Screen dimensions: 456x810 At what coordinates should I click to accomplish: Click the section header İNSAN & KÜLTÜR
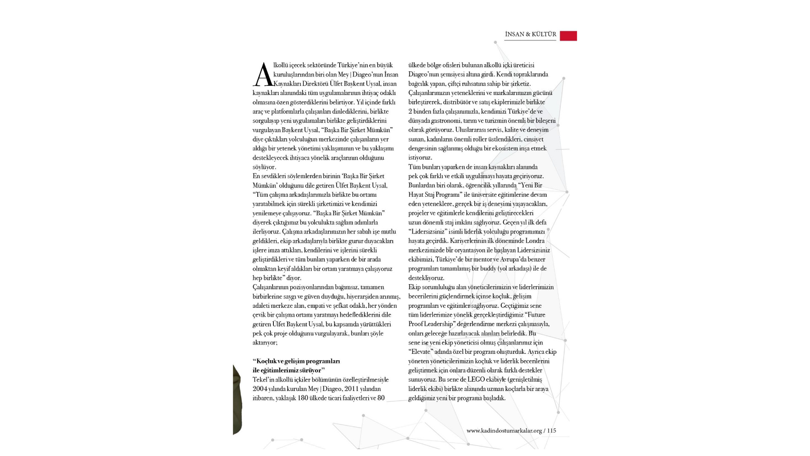point(530,35)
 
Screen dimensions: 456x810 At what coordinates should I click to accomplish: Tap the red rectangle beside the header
point(568,36)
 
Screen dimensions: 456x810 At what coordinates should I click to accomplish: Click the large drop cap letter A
point(263,75)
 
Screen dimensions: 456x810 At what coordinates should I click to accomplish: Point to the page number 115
point(551,431)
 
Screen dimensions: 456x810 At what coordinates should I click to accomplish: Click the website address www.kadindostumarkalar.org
point(504,431)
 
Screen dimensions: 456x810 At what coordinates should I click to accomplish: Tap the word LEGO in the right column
point(476,380)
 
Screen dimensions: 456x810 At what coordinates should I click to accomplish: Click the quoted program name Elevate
point(420,352)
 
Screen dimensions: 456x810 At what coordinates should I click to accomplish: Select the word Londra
point(535,241)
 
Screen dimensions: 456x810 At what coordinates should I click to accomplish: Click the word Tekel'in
point(263,380)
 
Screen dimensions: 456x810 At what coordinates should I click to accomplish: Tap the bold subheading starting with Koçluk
point(296,366)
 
